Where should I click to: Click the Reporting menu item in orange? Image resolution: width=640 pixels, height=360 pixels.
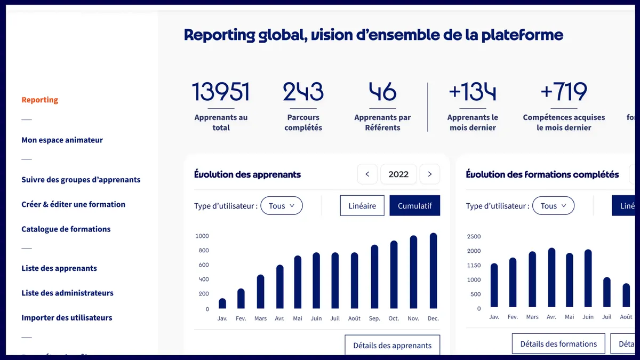[x=39, y=100]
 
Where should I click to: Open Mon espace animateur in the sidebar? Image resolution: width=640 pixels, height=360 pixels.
[x=62, y=140]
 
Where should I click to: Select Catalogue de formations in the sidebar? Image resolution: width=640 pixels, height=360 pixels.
[x=66, y=229]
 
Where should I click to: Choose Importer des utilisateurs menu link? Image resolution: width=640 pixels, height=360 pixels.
[x=67, y=317]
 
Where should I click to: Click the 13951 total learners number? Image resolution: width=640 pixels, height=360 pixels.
[x=221, y=92]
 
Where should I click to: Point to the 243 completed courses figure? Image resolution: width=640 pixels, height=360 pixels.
[x=303, y=92]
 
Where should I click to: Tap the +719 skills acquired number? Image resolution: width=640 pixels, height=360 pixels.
[x=564, y=92]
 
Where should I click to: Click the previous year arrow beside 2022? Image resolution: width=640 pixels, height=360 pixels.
[x=367, y=174]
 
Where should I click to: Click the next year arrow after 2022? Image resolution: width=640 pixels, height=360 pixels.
[x=430, y=174]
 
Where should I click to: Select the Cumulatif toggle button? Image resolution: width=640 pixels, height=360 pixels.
[x=414, y=206]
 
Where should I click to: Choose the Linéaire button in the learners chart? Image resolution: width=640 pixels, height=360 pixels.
[x=362, y=206]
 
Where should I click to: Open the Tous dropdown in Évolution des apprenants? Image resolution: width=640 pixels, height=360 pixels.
[x=282, y=206]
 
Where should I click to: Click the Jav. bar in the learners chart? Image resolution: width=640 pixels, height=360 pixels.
[x=222, y=303]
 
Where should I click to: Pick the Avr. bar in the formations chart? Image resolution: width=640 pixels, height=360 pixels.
[x=551, y=278]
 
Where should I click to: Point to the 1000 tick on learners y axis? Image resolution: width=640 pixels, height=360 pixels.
[x=202, y=236]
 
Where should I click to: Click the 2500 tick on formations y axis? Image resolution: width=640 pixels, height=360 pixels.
[x=474, y=236]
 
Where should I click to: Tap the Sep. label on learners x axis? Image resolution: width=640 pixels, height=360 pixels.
[x=374, y=318]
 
